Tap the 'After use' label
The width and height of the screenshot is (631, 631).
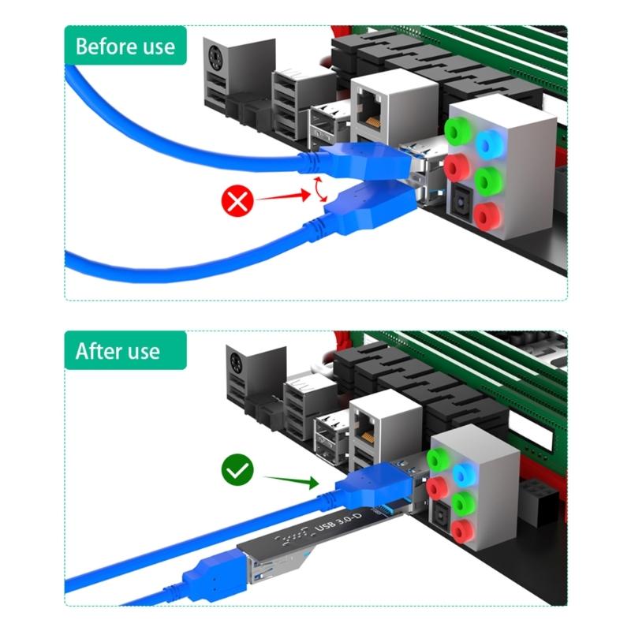coord(118,351)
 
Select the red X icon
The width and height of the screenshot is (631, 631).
coord(237,202)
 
